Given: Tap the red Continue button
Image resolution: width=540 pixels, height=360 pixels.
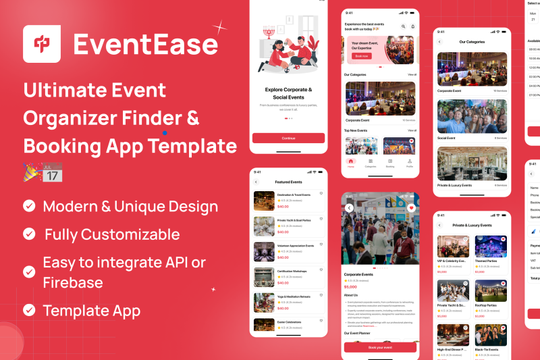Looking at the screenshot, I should click(288, 138).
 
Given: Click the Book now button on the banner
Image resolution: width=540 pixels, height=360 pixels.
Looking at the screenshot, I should click(360, 56).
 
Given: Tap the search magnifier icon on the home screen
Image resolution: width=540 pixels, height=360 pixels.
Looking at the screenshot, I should click(404, 26).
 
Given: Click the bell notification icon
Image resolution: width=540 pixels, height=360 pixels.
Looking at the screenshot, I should click(413, 26).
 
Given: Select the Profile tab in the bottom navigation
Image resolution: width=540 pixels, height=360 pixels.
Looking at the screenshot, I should click(410, 163).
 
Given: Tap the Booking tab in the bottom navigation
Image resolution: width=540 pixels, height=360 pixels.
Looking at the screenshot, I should click(390, 163).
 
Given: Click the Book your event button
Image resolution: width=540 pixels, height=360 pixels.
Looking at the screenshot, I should click(380, 346).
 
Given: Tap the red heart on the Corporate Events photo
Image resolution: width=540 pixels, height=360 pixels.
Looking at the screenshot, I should click(411, 208).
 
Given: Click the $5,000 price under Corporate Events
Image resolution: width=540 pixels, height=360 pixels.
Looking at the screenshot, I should click(351, 287).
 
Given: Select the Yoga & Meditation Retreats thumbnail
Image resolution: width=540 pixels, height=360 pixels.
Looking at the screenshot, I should click(263, 301).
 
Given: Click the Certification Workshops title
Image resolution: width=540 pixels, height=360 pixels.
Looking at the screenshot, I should click(292, 271).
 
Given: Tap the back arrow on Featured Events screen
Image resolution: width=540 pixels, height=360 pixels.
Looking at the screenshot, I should click(256, 182).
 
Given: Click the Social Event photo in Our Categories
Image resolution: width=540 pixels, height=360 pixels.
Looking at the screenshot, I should click(472, 117).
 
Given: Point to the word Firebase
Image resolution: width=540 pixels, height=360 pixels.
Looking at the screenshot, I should click(74, 282).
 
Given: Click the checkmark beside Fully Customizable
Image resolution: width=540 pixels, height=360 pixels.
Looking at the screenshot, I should click(29, 234).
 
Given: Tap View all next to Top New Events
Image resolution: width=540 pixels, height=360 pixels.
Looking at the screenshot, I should click(412, 130).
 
